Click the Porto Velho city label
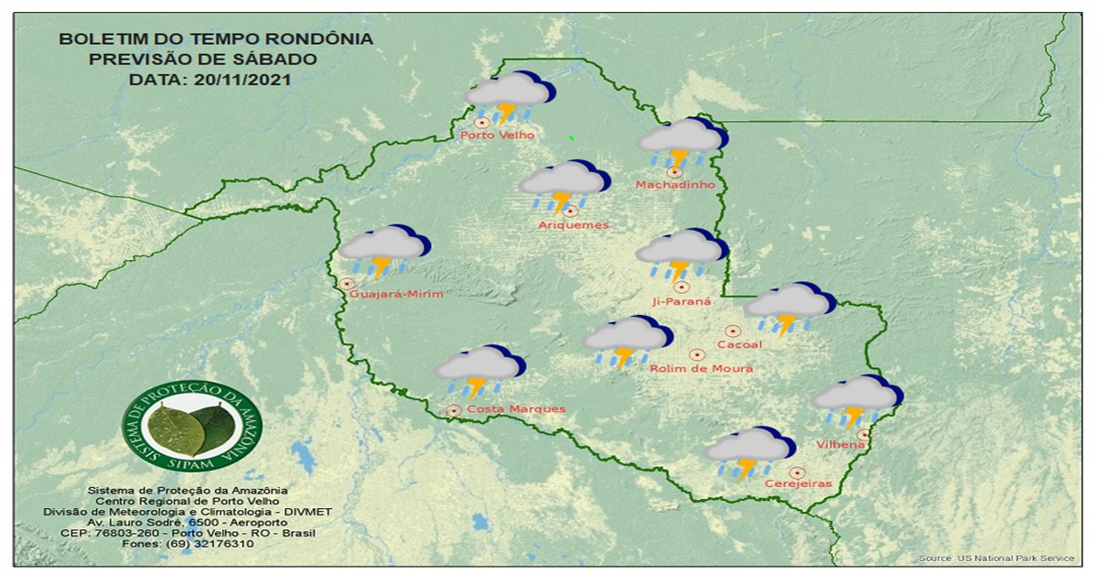click(x=497, y=136)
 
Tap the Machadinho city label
click(x=674, y=185)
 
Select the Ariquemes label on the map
click(x=573, y=225)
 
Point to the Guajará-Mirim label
click(x=396, y=294)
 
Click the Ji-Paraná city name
click(x=682, y=301)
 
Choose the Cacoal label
click(x=739, y=344)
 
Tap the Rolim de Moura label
click(x=701, y=368)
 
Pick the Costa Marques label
click(x=515, y=409)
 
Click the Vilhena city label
click(x=840, y=445)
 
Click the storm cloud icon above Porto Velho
click(x=509, y=96)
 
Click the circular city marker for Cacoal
click(x=732, y=331)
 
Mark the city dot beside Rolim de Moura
click(x=696, y=354)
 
